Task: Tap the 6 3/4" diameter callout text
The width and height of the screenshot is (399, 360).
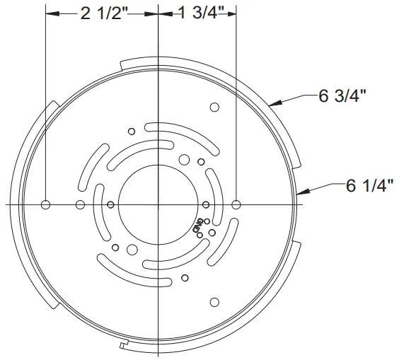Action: coord(342,96)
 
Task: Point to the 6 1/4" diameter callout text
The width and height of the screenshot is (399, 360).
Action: coord(369,187)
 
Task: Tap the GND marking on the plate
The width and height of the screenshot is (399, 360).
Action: coord(196,228)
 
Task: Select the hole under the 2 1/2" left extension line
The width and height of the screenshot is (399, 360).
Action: coord(46,205)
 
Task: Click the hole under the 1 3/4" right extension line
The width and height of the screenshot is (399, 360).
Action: coord(236,205)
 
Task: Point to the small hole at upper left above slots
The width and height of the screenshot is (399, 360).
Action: coord(131,131)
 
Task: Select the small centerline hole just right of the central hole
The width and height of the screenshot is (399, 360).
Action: coord(205,205)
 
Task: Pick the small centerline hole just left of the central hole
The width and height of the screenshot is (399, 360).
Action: coord(111,205)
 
